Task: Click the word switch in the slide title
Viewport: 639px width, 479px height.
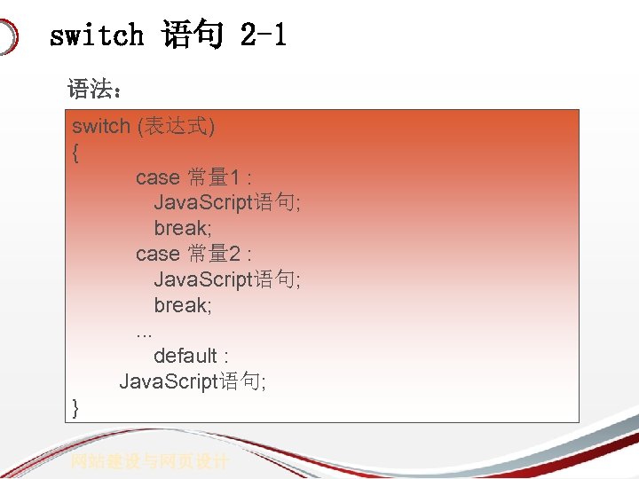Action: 97,35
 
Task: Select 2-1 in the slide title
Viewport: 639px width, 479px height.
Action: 263,35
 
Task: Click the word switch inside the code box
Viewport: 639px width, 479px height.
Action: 101,127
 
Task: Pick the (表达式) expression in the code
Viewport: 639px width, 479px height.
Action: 176,127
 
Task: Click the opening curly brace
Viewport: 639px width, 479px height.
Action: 75,153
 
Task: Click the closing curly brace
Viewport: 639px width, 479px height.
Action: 75,407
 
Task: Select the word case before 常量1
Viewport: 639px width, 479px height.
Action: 158,177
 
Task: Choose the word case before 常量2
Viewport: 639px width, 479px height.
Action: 158,254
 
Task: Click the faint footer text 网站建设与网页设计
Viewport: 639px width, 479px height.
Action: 150,461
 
